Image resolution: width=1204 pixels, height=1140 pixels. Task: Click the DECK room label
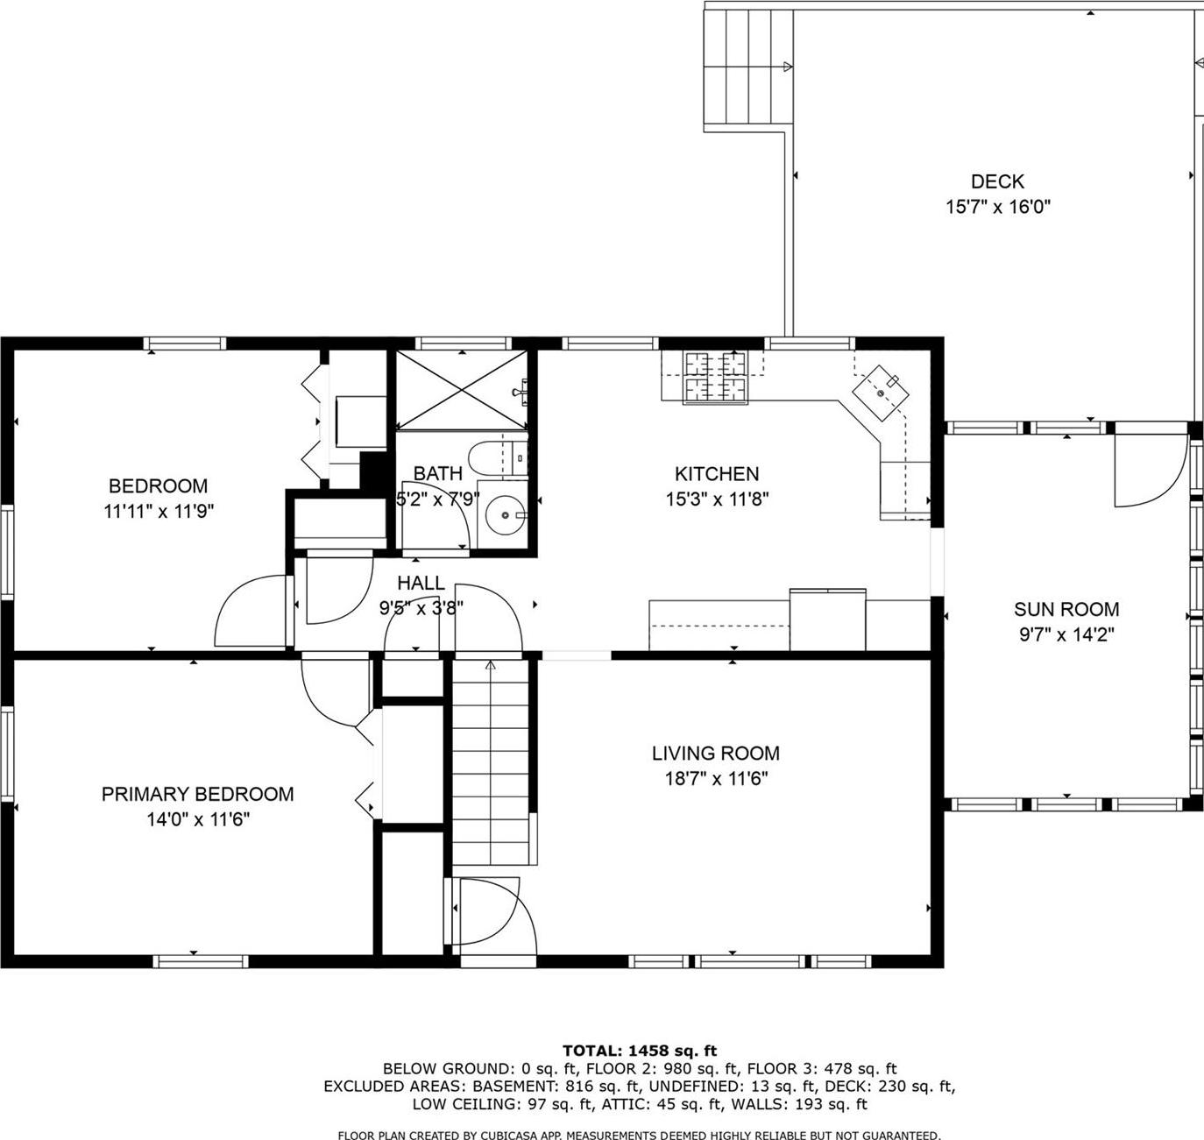(997, 181)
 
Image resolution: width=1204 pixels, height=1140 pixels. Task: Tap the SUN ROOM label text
(1066, 609)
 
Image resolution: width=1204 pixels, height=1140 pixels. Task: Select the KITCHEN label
(716, 474)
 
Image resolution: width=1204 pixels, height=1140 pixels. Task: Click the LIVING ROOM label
(715, 753)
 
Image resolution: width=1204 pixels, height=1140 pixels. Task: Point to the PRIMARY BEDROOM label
(197, 794)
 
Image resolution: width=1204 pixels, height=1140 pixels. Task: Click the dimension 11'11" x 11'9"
(159, 511)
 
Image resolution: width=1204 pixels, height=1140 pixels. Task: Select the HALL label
(421, 583)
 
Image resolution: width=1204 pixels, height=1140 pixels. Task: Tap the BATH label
(437, 474)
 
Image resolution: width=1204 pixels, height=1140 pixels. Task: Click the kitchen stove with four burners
(717, 377)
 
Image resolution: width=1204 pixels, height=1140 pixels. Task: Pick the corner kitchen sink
(881, 389)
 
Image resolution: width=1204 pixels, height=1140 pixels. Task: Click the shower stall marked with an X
(460, 390)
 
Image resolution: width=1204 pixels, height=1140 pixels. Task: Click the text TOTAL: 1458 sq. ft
(639, 1051)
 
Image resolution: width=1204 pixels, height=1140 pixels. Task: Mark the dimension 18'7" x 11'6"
(715, 778)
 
